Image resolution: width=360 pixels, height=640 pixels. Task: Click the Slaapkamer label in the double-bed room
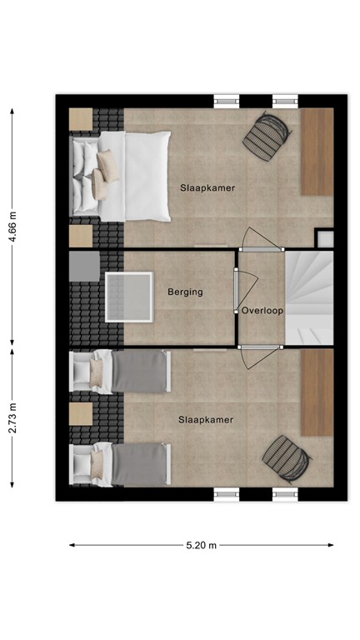coord(207,188)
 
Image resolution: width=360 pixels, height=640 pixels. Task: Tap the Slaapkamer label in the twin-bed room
coord(205,420)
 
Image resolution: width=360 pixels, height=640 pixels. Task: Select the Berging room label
coord(185,292)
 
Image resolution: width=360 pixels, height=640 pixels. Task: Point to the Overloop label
coord(262,311)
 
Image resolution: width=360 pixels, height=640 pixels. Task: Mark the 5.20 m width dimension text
coord(201,546)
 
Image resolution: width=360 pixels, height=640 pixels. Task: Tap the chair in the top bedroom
coord(267,134)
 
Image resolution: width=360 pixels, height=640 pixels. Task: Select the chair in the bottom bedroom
coord(286,458)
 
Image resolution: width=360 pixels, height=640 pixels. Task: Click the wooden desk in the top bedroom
coord(317,152)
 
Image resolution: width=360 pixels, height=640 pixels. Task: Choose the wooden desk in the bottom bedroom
coord(317,392)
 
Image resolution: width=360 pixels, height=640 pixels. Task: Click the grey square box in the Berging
coord(84,266)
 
